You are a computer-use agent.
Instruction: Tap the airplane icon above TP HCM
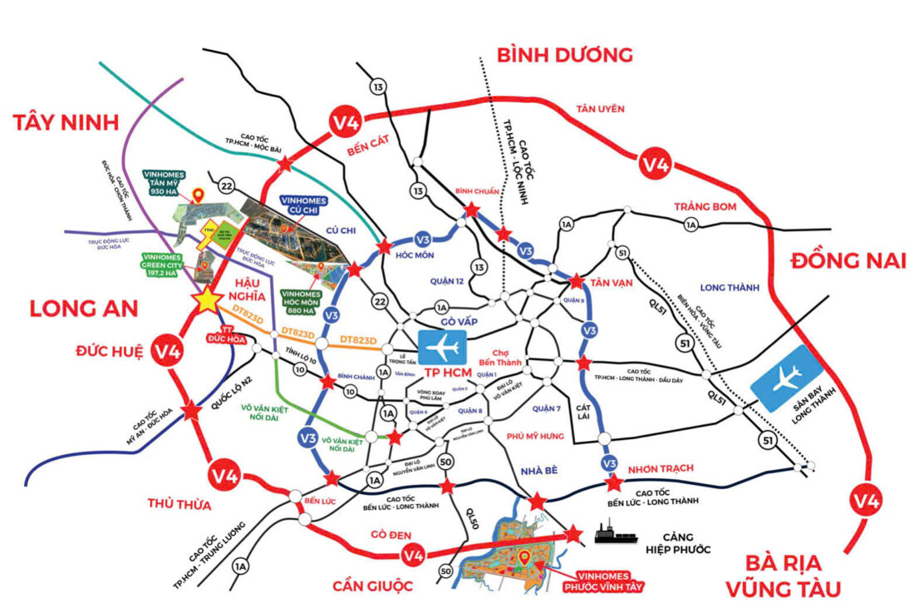click(443, 346)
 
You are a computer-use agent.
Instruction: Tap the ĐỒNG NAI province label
click(848, 260)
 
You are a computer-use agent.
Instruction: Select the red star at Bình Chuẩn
click(471, 210)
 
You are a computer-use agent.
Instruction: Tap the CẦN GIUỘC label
click(373, 586)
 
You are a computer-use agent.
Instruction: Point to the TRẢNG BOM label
click(705, 206)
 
